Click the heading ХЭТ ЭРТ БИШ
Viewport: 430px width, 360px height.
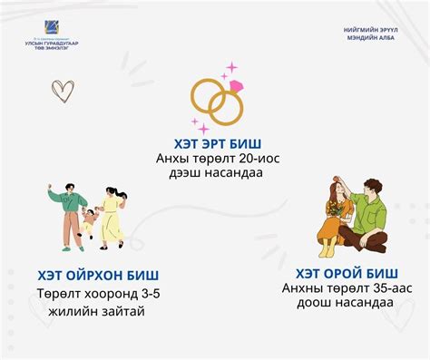click(x=216, y=142)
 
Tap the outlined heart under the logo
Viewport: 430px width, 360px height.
click(x=63, y=90)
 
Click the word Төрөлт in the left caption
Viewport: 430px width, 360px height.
click(x=57, y=294)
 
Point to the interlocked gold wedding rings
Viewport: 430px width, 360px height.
click(x=216, y=102)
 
